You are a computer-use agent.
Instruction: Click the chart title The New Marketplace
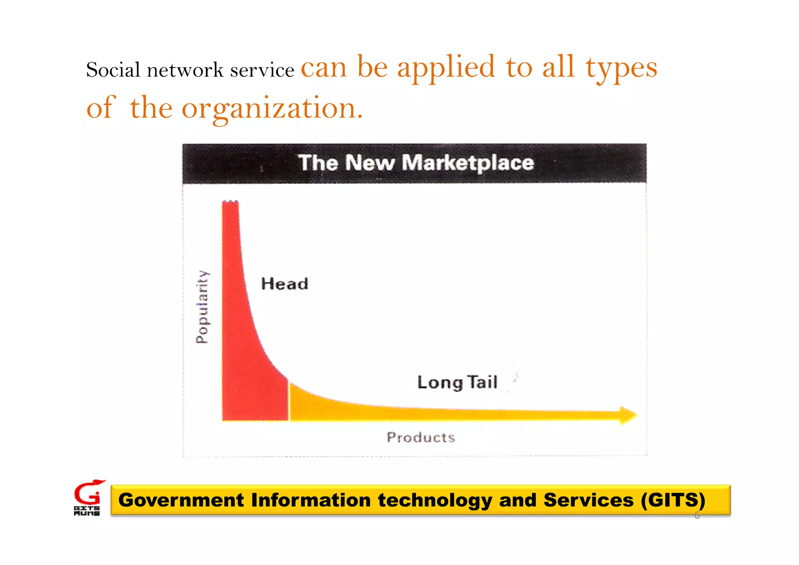click(415, 163)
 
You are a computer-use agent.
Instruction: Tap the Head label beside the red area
click(284, 284)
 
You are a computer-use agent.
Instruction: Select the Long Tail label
click(457, 382)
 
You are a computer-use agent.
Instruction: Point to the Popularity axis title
click(202, 307)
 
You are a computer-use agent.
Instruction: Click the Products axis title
click(421, 437)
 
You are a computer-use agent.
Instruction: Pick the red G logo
click(88, 493)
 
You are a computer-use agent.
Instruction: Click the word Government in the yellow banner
click(181, 500)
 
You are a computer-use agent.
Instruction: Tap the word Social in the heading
click(113, 70)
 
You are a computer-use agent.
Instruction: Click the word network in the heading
click(185, 70)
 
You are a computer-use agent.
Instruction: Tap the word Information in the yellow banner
click(311, 500)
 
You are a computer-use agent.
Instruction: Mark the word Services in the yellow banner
click(588, 500)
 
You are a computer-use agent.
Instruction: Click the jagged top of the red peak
click(230, 202)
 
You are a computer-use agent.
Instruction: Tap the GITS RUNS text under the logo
click(87, 511)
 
